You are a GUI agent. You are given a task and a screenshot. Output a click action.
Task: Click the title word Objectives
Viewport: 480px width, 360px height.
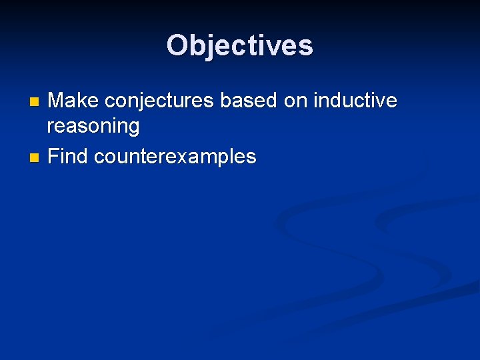240,45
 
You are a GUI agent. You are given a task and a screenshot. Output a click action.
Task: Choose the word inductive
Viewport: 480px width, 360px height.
356,101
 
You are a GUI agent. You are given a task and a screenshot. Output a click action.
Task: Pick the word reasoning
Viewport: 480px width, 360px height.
93,126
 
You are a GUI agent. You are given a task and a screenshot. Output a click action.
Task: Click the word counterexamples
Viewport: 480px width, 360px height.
175,157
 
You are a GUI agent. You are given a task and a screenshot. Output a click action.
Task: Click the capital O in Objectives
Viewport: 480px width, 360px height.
178,45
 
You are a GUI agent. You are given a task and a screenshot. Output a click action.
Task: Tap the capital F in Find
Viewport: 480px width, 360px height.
53,157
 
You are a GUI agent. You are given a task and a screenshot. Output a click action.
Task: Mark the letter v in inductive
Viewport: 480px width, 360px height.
381,101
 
